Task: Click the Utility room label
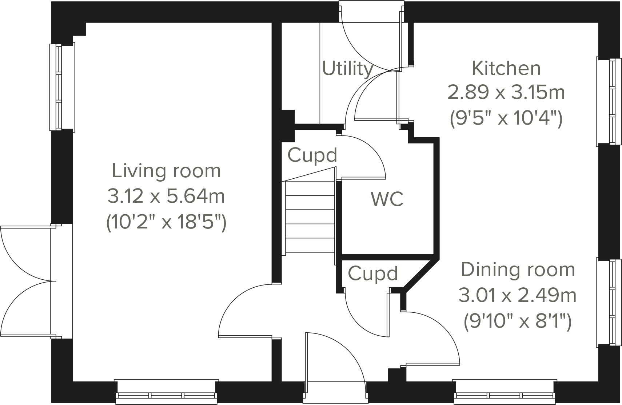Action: coord(347,69)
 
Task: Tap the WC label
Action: coord(387,199)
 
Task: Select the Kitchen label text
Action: coord(506,68)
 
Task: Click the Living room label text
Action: coord(166,171)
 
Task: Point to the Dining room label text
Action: coord(518,270)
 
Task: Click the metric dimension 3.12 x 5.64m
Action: coord(166,196)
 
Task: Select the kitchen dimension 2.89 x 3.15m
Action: coord(506,92)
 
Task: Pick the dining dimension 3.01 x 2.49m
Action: coord(517,295)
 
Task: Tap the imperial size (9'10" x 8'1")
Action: coord(518,321)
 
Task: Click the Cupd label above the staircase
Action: coord(312,155)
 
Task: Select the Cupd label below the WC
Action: coord(373,274)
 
